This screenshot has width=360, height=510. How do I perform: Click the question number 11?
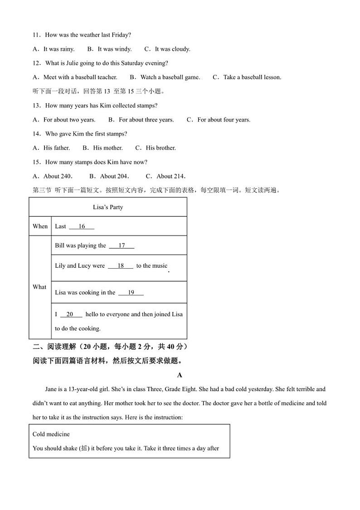[x=36, y=35]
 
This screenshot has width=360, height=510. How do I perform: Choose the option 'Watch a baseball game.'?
[x=170, y=77]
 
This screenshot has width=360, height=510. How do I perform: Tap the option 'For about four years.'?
[x=224, y=120]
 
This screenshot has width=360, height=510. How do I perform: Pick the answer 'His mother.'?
[x=108, y=148]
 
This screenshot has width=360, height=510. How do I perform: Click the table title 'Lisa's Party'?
[x=108, y=207]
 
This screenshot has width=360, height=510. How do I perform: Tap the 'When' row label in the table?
[x=40, y=226]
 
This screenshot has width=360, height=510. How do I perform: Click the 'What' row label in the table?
[x=39, y=287]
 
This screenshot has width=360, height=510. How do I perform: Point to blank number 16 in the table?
[x=82, y=226]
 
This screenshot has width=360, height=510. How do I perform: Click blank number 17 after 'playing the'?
[x=122, y=245]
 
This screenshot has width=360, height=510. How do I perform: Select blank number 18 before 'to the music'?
[x=121, y=266]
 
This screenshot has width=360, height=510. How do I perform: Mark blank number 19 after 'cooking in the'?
[x=131, y=293]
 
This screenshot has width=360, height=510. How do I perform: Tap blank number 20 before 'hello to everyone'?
[x=70, y=314]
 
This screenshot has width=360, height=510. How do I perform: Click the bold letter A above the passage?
[x=180, y=375]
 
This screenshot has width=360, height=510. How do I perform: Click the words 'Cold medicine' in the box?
[x=51, y=434]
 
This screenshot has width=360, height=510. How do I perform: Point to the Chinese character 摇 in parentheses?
[x=84, y=448]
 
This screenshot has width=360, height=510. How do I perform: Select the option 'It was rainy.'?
[x=59, y=49]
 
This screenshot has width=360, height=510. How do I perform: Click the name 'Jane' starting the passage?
[x=51, y=389]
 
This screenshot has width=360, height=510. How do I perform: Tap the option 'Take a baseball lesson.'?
[x=252, y=77]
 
